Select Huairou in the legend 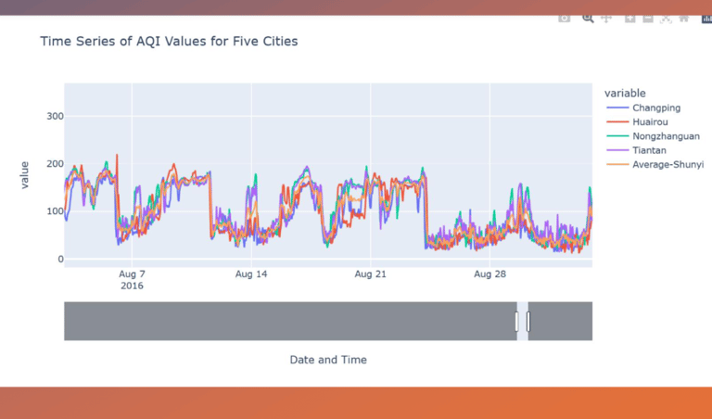pyautogui.click(x=653, y=122)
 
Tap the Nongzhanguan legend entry pyautogui.click(x=666, y=136)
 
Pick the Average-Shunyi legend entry pyautogui.click(x=667, y=164)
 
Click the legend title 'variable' pyautogui.click(x=625, y=93)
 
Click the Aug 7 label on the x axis pyautogui.click(x=132, y=274)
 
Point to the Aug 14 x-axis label pyautogui.click(x=251, y=274)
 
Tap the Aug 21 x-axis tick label pyautogui.click(x=370, y=274)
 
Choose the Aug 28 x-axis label pyautogui.click(x=489, y=274)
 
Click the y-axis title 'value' pyautogui.click(x=25, y=174)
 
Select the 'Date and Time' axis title pyautogui.click(x=327, y=360)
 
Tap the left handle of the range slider pyautogui.click(x=517, y=321)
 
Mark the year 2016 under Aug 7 pyautogui.click(x=133, y=286)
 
